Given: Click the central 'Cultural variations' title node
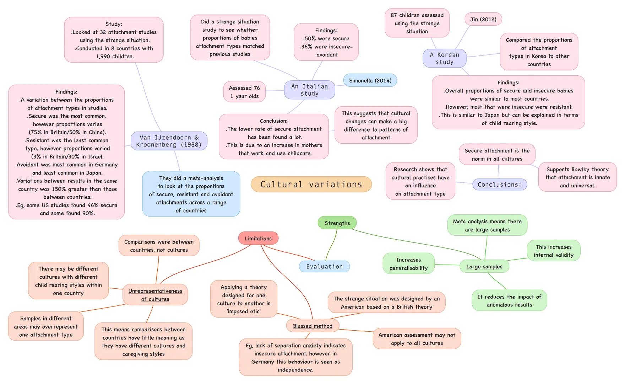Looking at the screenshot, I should (311, 184).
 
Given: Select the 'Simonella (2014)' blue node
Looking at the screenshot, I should (370, 80).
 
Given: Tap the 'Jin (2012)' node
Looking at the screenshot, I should (483, 19).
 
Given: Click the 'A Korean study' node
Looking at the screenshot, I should (444, 58).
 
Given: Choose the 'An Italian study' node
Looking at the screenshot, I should (309, 90).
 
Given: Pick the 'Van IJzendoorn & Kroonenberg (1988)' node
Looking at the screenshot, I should (169, 141).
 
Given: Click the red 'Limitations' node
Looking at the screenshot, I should (258, 238).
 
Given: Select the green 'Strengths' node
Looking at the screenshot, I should (337, 223).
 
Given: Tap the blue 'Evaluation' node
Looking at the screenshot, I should (324, 266).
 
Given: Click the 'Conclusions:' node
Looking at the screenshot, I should (499, 185).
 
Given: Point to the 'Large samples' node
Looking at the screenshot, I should (484, 266).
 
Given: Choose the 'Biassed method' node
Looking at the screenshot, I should (312, 326).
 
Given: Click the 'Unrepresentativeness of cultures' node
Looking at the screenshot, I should (155, 295).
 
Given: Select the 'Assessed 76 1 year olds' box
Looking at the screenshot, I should (244, 92).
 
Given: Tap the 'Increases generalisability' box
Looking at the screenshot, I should (408, 264).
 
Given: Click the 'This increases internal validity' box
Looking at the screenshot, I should (553, 251).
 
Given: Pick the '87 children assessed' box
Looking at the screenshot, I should (417, 23).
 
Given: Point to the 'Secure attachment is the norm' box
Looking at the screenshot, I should (497, 155).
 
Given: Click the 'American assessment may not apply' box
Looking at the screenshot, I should (417, 339).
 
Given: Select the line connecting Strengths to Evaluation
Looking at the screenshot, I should (333, 244).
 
